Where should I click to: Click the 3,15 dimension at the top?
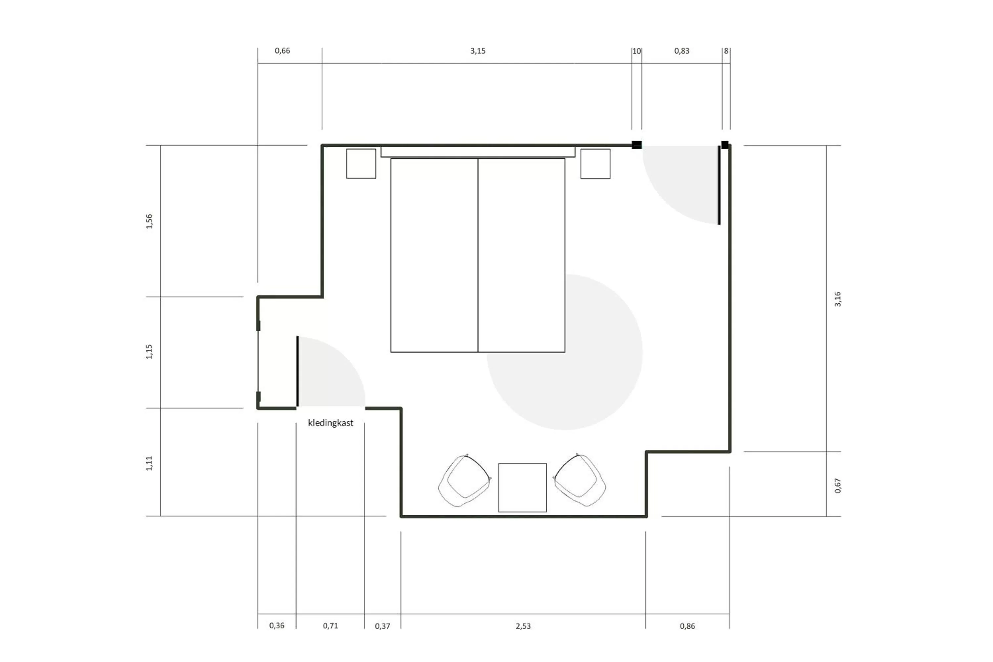click(x=478, y=51)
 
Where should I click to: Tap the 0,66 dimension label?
click(x=282, y=51)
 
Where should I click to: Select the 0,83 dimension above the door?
click(x=682, y=51)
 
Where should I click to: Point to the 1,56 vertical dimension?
click(x=149, y=221)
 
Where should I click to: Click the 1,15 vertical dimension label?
click(x=149, y=352)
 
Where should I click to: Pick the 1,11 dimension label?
click(x=149, y=463)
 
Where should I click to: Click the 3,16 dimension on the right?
click(x=838, y=299)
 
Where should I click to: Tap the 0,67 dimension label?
click(x=838, y=486)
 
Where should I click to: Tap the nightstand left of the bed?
click(x=361, y=164)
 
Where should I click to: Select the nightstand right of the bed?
click(x=595, y=164)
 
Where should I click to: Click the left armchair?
click(x=464, y=481)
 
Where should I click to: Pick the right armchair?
click(x=580, y=481)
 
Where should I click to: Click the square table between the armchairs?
click(x=522, y=488)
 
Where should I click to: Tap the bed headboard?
click(x=478, y=152)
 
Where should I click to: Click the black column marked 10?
click(x=636, y=145)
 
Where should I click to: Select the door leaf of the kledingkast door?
click(x=298, y=371)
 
